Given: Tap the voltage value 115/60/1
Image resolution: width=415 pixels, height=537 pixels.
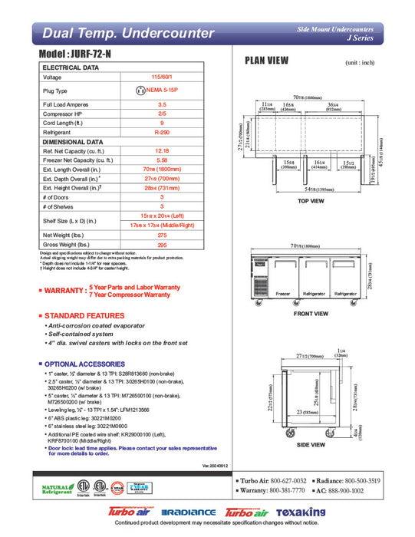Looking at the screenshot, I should coord(162,77).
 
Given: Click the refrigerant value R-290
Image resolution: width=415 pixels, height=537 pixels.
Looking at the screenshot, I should coord(162,132).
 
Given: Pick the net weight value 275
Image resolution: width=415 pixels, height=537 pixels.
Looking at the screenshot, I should coord(162,235).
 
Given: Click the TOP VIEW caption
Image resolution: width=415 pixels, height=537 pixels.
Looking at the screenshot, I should coord(311,200).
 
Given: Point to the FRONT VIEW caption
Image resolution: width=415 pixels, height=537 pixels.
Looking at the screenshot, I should coord(311,314).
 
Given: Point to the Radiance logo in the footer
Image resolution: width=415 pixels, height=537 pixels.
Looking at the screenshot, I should coord(183,512).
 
